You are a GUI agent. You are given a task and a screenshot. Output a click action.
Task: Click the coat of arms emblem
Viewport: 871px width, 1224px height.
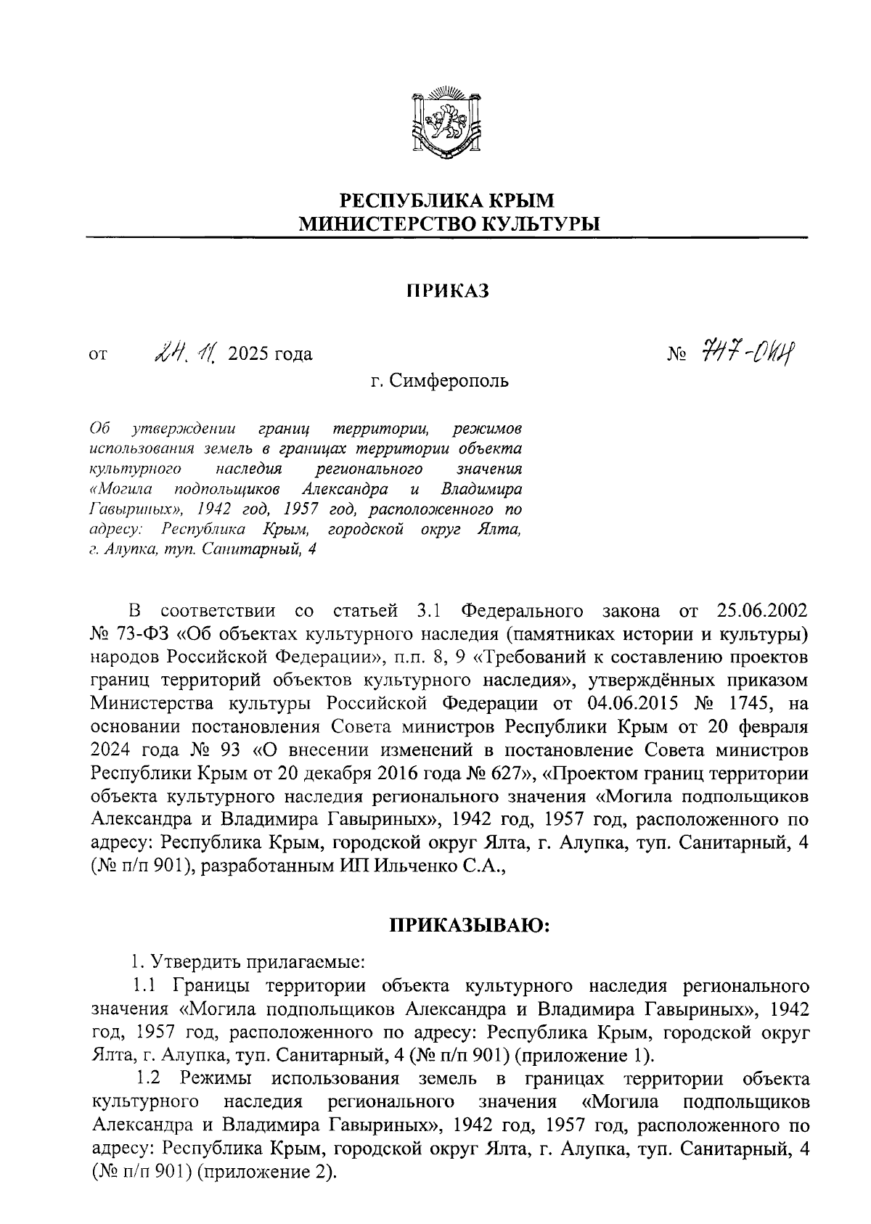pos(445,121)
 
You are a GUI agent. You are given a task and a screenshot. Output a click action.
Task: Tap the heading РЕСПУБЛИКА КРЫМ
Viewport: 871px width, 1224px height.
pos(447,200)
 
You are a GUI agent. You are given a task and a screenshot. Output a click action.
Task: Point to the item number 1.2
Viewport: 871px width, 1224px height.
pos(148,1078)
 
